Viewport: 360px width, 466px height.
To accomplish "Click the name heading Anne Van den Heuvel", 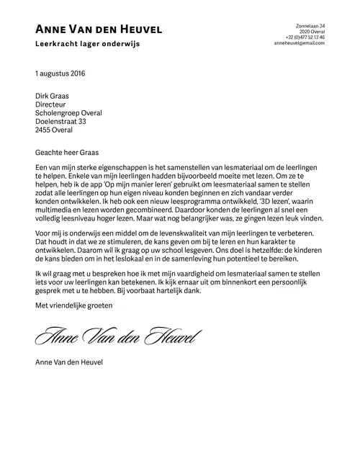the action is tap(99, 30).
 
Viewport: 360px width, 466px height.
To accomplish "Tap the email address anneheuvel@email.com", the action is tap(300, 43).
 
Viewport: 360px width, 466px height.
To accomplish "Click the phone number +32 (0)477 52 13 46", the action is tap(305, 37).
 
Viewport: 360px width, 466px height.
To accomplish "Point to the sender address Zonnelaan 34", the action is tap(311, 26).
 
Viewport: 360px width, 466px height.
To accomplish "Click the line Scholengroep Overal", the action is tap(68, 113).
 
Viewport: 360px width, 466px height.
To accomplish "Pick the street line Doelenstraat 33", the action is tap(60, 122).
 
